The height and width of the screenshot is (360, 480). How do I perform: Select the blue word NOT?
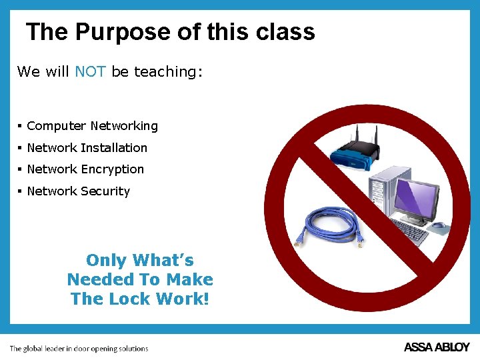tap(90, 71)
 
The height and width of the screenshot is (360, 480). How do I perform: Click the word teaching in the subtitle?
tap(167, 72)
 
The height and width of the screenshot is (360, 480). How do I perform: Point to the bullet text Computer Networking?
tap(92, 126)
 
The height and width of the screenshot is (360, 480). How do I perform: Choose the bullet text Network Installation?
tap(87, 148)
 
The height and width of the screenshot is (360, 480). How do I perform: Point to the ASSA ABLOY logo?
tap(437, 347)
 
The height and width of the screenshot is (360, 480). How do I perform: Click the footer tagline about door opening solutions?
tap(79, 348)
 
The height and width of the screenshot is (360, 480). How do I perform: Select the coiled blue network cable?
tap(331, 227)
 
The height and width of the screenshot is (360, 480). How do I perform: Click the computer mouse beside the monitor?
tap(438, 228)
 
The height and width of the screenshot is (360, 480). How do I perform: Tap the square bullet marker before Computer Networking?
tap(21, 126)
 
